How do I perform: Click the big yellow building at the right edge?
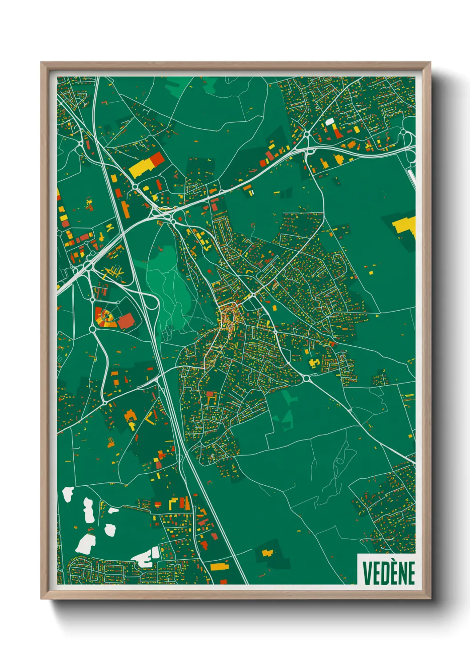pyautogui.click(x=406, y=226)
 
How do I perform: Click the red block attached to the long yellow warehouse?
pyautogui.click(x=157, y=159)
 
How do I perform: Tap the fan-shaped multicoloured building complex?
pyautogui.click(x=105, y=318)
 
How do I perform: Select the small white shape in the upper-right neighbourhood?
pyautogui.click(x=330, y=121)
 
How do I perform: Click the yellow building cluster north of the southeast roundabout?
pyautogui.click(x=313, y=364)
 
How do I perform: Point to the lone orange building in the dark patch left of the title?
pyautogui.click(x=267, y=553)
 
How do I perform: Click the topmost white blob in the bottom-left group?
pyautogui.click(x=68, y=494)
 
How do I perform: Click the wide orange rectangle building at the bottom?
pyautogui.click(x=219, y=566)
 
